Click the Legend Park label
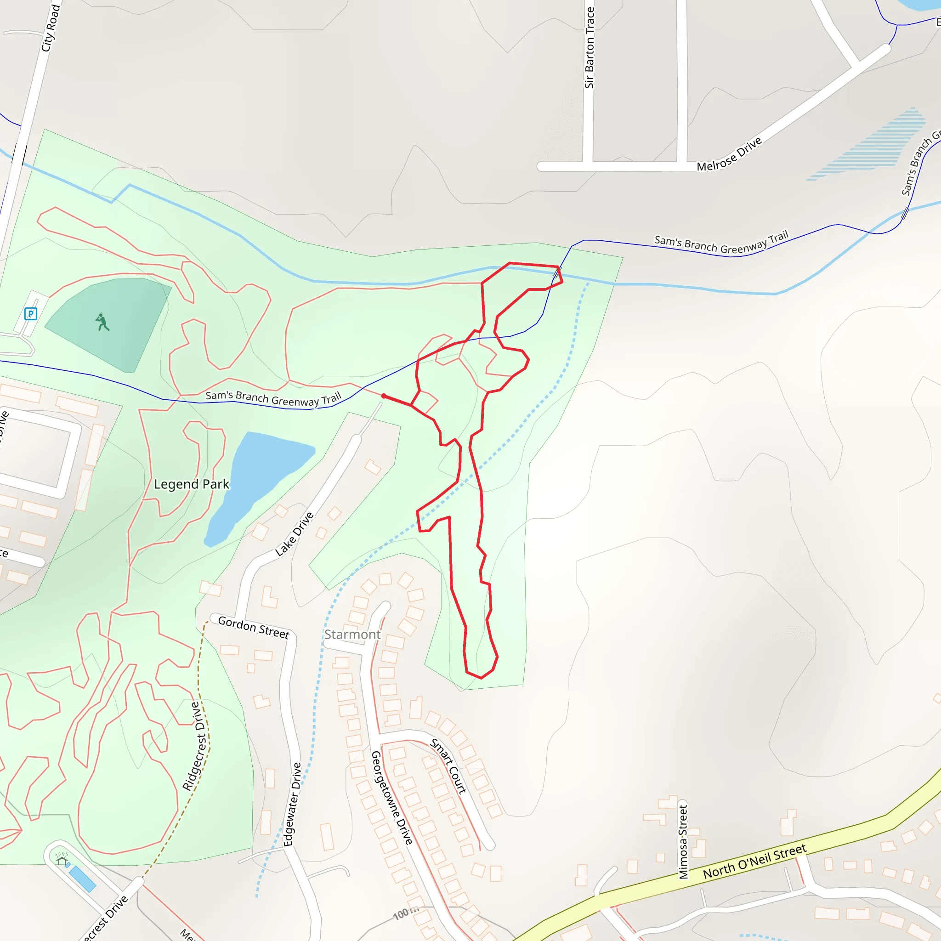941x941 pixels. [x=192, y=484]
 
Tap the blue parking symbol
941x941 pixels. [x=31, y=314]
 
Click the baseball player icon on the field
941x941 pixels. [x=102, y=322]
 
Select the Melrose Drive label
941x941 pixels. [x=729, y=154]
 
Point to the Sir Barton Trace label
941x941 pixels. [x=590, y=48]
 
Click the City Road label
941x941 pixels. [x=50, y=28]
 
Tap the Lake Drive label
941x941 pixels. [x=294, y=534]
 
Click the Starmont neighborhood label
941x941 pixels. [x=352, y=635]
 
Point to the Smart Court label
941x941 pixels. [x=448, y=766]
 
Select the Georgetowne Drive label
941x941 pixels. [x=391, y=797]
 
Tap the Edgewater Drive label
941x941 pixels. [x=292, y=804]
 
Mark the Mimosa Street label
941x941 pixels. [x=683, y=842]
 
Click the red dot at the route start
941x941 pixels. [x=384, y=396]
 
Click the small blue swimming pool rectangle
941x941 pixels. [x=82, y=879]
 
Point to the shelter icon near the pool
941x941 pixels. [x=62, y=861]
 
